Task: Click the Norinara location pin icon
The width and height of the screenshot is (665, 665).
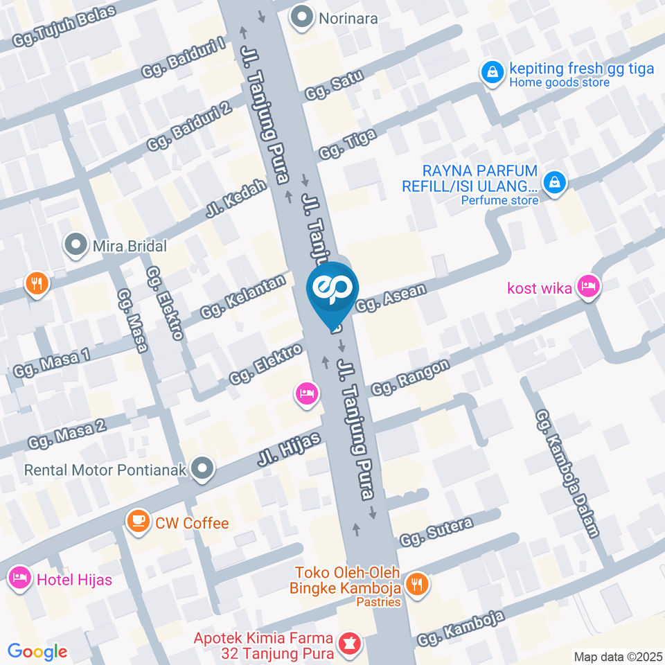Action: pos(302,18)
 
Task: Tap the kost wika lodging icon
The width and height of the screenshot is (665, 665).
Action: pos(589,286)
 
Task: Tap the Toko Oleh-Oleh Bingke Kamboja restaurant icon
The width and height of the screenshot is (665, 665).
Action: pos(417,583)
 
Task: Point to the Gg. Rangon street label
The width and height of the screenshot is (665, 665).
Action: pos(410,377)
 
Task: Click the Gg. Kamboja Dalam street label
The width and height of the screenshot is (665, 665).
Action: pos(567,472)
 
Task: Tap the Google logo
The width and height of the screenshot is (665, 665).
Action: pos(37,652)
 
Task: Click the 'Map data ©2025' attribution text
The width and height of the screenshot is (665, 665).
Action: pos(617,656)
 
